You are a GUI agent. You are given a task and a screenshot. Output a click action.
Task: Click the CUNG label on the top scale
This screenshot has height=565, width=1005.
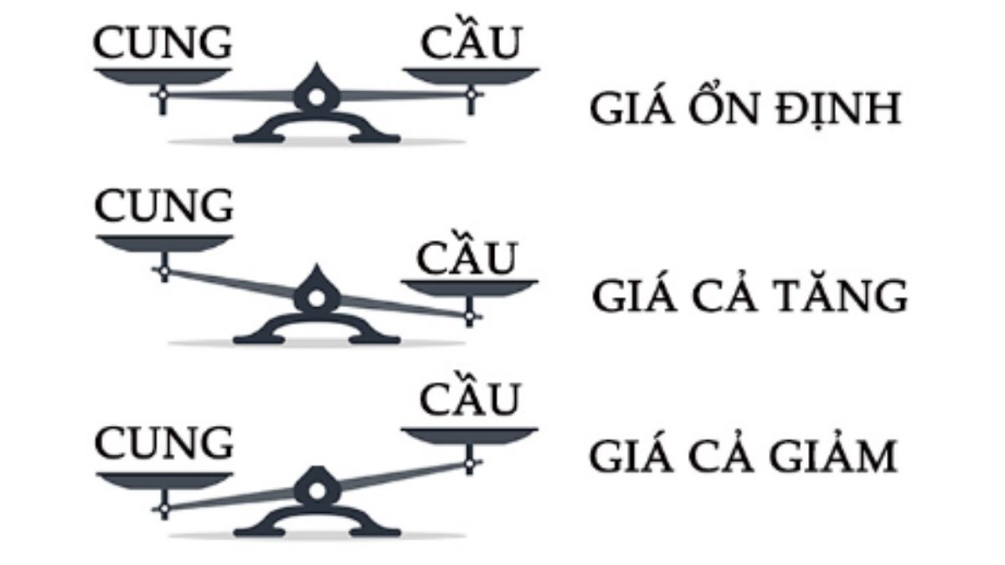[162, 44]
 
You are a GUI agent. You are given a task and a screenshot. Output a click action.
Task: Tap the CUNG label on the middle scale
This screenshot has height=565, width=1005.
[162, 205]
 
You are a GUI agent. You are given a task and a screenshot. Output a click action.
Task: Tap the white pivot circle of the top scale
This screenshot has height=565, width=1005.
[316, 97]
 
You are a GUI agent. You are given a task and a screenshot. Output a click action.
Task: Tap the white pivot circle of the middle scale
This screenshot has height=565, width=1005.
[316, 298]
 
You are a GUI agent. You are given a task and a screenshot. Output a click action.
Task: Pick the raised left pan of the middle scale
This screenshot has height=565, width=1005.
[162, 243]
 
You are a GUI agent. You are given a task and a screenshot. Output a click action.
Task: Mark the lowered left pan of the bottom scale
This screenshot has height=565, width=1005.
[162, 479]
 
